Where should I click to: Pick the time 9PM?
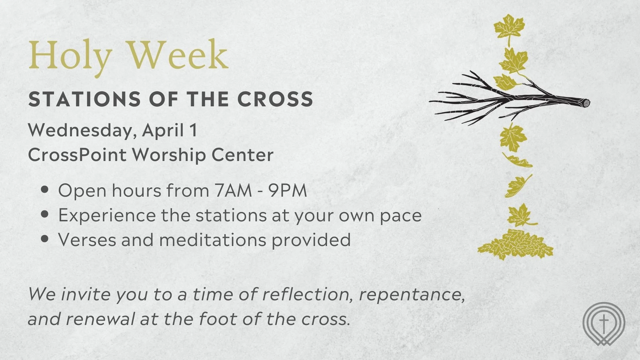click(x=288, y=190)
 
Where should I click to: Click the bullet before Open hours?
click(x=45, y=190)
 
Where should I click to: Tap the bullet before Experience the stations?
click(x=45, y=214)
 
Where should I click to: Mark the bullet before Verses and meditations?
click(x=45, y=239)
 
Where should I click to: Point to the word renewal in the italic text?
click(x=100, y=319)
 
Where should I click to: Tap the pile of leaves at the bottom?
click(x=515, y=245)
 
